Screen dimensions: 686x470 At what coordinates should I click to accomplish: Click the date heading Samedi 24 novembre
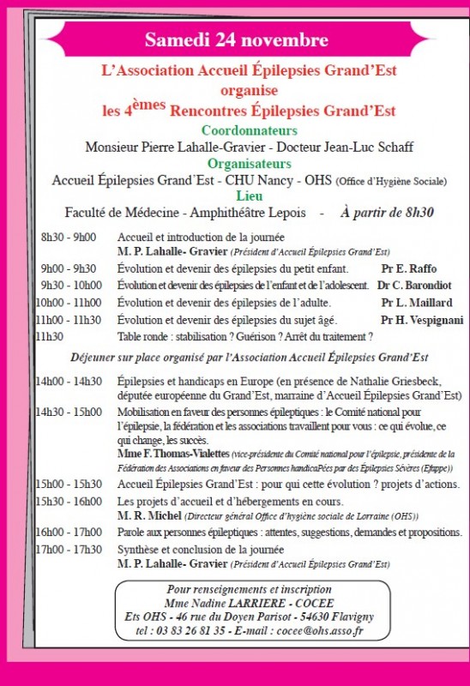coord(236,40)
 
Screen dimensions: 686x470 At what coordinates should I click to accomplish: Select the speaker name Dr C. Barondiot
coord(415,285)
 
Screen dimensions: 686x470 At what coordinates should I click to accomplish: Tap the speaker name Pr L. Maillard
coord(417,303)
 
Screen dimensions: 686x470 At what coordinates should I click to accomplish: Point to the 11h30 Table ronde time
coord(50,337)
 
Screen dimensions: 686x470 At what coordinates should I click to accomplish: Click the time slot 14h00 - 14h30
coord(69,382)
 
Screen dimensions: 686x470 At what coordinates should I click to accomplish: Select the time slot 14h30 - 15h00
coord(69,412)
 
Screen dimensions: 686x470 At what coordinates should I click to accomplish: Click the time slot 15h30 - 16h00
coord(69,501)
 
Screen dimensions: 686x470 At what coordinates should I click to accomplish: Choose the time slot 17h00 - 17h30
coord(69,549)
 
